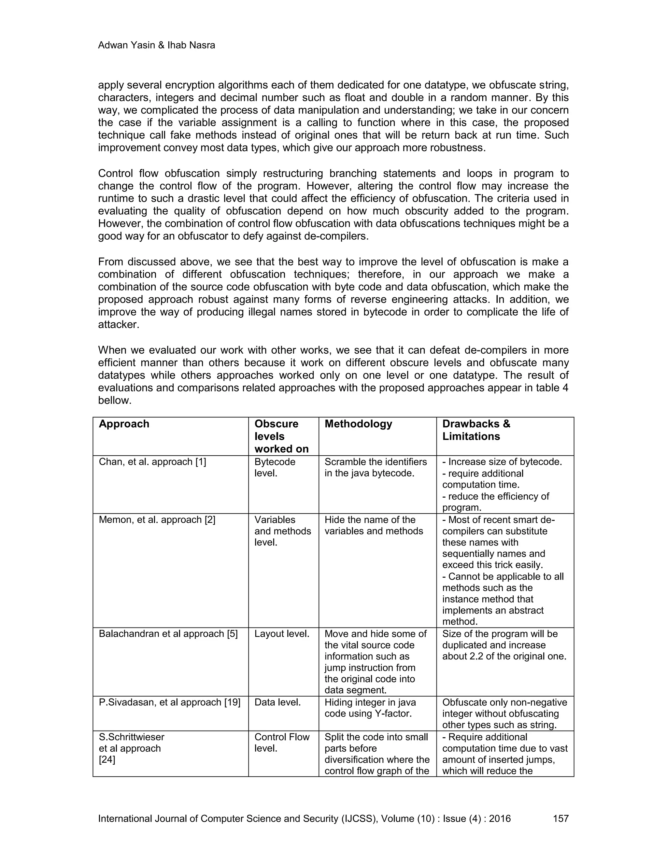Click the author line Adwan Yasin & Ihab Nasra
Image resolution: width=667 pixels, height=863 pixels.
pos(156,46)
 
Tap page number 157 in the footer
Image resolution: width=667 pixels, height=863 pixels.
pos(560,818)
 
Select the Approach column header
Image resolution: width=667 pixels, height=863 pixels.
pos(124,424)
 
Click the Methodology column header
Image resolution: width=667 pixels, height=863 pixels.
pos(358,424)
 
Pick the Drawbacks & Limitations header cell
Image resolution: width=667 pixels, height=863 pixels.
pos(476,430)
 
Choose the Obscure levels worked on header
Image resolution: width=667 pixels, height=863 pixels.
pos(281,436)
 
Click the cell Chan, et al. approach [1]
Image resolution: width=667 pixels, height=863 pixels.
pos(152,462)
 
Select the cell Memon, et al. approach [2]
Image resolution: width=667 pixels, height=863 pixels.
pos(157,520)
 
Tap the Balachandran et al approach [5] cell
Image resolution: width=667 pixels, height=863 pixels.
pos(168,634)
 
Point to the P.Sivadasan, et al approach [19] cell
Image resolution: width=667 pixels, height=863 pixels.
pos(169,702)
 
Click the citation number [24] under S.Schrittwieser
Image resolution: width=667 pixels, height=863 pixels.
pos(107,759)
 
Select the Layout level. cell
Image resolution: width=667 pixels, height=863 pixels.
pos(281,634)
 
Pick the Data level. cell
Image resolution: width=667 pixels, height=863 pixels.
pos(277,702)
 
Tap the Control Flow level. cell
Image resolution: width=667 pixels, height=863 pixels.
pos(281,743)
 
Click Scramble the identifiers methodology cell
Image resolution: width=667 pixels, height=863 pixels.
pos(376,467)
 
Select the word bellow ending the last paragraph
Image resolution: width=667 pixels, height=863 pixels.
pos(115,400)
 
